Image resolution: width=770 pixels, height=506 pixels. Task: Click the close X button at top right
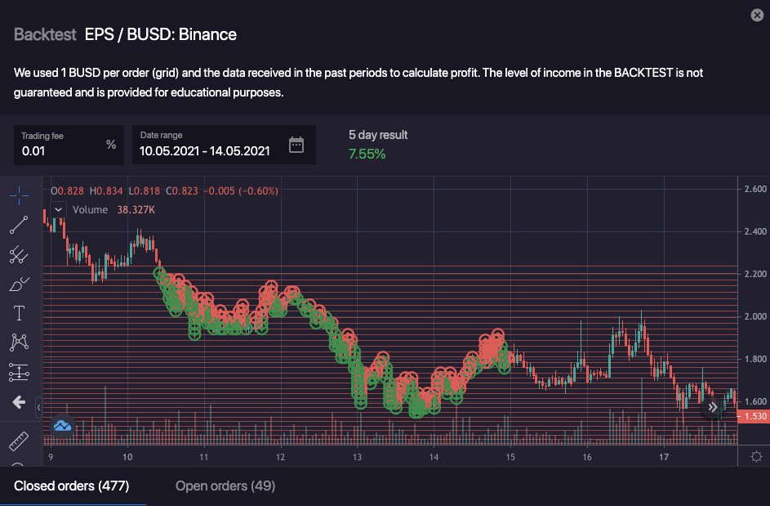[757, 16]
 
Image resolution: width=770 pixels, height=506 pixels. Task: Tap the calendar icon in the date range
[296, 145]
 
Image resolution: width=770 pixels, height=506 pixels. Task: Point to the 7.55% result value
[367, 154]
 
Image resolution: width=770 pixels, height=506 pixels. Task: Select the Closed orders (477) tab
[72, 486]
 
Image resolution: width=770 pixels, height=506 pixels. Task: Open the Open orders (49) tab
[225, 486]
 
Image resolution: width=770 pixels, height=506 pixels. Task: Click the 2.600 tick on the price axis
[755, 189]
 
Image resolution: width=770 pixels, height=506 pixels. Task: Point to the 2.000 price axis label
[755, 316]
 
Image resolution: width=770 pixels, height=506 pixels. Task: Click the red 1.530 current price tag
[752, 417]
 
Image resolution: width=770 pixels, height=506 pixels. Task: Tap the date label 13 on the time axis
[357, 457]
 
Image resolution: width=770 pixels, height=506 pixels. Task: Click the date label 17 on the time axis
[664, 457]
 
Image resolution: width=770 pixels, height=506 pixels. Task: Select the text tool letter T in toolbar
[19, 313]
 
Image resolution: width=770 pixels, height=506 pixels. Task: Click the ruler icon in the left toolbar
[19, 441]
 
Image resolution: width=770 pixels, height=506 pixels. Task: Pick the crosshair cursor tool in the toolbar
[19, 195]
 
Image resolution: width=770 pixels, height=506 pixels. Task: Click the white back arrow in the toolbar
[19, 402]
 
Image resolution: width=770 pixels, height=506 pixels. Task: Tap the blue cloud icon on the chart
[63, 426]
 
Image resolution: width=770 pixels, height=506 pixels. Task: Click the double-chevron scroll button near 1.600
[713, 406]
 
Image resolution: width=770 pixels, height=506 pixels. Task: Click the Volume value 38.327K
[136, 210]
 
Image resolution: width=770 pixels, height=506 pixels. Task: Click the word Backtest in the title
[45, 34]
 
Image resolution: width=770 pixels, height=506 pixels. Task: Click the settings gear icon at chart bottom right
[756, 457]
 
